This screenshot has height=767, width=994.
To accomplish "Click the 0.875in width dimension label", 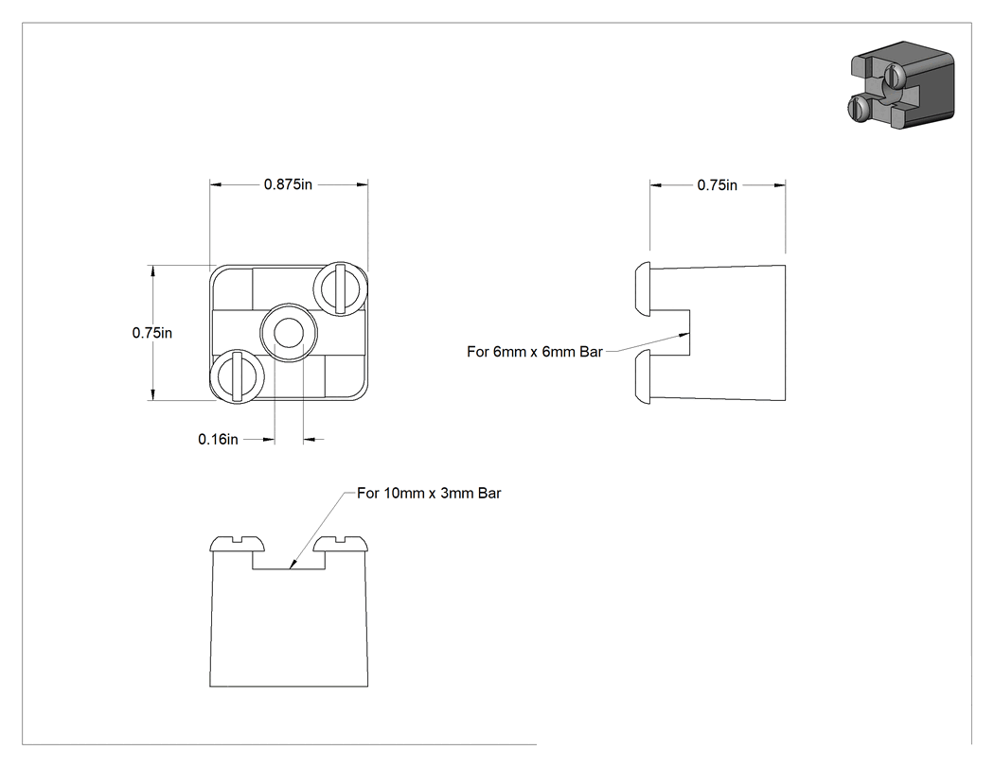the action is tap(288, 184).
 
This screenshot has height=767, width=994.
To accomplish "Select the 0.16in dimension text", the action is tap(218, 439).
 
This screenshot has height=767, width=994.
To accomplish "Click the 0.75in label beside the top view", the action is tap(152, 333).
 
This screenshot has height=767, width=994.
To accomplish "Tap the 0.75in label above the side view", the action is tap(717, 185).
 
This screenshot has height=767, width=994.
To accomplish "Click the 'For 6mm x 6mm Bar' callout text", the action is tap(535, 352).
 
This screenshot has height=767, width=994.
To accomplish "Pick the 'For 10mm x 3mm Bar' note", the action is tap(429, 493).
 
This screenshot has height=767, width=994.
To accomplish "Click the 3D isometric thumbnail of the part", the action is tap(901, 85).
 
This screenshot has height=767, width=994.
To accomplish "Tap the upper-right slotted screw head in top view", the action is tap(341, 288).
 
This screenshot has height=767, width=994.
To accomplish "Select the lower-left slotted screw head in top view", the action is tap(237, 376).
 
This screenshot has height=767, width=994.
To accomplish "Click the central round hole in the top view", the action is tap(289, 333).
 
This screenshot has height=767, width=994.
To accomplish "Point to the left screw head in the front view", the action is tap(237, 544).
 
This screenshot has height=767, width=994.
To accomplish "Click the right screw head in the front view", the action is tap(341, 544).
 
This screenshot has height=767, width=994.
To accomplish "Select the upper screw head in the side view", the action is tap(643, 288).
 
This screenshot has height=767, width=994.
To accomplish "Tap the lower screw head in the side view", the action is tap(643, 376).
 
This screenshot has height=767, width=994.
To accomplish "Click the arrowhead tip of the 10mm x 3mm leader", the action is tap(290, 568).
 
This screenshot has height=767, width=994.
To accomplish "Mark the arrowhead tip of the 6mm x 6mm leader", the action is tap(689, 333).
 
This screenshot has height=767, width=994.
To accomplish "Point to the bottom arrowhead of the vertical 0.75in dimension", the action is tap(152, 400).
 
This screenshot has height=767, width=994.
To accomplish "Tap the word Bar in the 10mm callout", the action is tap(489, 493).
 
